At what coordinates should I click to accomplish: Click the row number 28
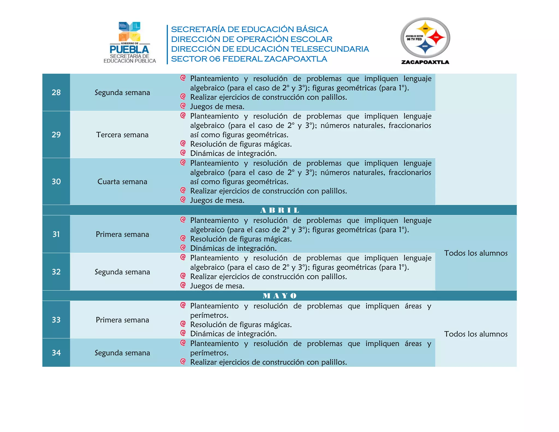56,92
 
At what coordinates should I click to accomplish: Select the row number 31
56,234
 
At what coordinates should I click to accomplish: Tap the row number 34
56,353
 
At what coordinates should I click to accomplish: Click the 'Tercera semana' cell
122,135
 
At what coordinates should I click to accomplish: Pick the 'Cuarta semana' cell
122,182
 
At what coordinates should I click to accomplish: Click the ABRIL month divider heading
279,210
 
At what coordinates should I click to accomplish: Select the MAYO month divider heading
279,296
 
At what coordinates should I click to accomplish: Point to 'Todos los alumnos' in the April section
476,253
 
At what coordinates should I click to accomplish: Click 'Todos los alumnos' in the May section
476,334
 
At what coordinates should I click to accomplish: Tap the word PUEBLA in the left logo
129,49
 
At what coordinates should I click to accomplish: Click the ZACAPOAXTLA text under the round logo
425,62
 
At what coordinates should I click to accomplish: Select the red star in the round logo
436,37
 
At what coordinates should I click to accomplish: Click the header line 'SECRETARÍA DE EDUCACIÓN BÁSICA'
249,29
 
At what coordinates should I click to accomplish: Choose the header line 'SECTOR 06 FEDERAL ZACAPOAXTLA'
249,59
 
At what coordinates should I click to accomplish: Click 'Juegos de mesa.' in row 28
217,106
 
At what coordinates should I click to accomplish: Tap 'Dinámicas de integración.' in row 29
233,153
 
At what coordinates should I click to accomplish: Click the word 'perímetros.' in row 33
209,315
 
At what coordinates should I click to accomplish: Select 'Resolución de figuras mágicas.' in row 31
241,239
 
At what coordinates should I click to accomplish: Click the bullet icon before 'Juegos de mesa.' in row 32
183,285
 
